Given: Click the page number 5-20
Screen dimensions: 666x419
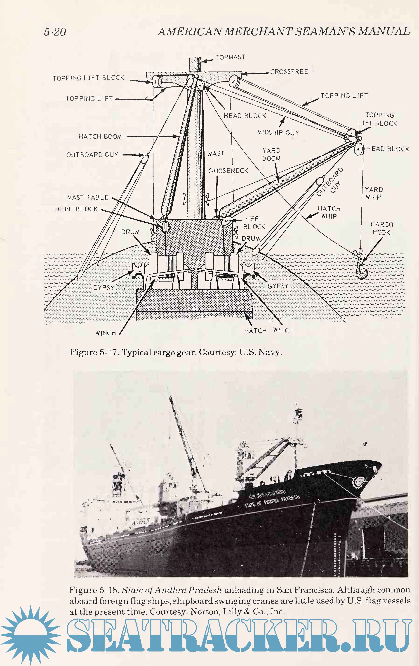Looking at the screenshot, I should [x=55, y=32].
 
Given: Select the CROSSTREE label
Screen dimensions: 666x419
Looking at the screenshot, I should [x=289, y=72].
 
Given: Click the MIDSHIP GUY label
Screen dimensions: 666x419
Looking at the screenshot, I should [x=278, y=132].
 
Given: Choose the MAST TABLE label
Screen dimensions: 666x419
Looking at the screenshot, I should [x=88, y=197].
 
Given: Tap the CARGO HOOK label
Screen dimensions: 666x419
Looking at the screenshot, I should [x=381, y=228].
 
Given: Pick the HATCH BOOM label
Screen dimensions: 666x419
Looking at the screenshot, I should [x=100, y=136].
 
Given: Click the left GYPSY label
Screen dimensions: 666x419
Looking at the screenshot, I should [x=104, y=288].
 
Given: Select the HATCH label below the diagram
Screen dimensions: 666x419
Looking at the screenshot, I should [x=255, y=331].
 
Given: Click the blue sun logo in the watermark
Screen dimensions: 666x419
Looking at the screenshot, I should [x=30, y=636].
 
